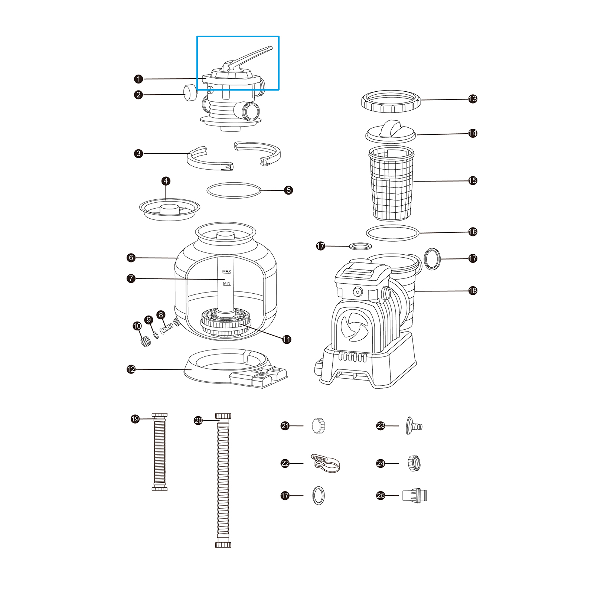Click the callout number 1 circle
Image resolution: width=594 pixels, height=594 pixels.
138,79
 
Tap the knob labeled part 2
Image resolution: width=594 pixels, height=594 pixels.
190,93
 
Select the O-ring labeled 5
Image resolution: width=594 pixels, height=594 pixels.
234,190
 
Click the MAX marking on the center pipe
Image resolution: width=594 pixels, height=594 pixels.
226,271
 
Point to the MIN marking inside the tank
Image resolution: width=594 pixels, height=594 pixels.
226,284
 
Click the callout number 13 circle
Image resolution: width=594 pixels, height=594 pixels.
473,99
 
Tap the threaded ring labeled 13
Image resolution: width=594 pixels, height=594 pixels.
391,101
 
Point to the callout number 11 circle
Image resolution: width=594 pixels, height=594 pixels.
287,339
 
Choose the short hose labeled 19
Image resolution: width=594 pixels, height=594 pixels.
160,452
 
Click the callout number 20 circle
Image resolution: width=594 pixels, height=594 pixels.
198,420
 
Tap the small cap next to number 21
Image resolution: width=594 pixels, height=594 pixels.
319,426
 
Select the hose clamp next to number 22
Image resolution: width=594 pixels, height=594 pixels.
325,463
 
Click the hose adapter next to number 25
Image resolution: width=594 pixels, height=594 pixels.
415,495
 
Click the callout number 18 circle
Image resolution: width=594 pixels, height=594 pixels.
473,291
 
